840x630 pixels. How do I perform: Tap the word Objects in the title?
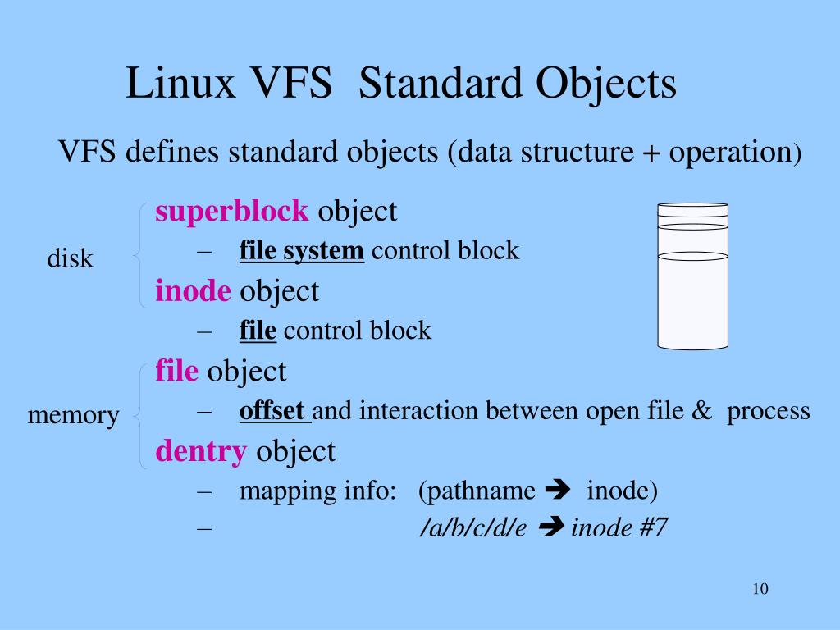point(608,84)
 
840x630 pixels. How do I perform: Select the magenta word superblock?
point(232,212)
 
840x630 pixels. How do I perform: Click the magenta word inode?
point(194,290)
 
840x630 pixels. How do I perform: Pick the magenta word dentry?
point(201,450)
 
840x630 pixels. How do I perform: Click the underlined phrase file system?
point(301,250)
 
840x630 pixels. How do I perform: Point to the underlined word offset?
point(272,410)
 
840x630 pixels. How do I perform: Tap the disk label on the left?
point(70,259)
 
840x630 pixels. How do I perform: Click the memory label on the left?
point(73,415)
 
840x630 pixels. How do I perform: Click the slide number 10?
point(759,589)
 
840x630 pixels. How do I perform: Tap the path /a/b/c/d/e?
point(472,528)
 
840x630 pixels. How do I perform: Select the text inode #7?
point(619,527)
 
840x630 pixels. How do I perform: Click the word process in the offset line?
point(769,411)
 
